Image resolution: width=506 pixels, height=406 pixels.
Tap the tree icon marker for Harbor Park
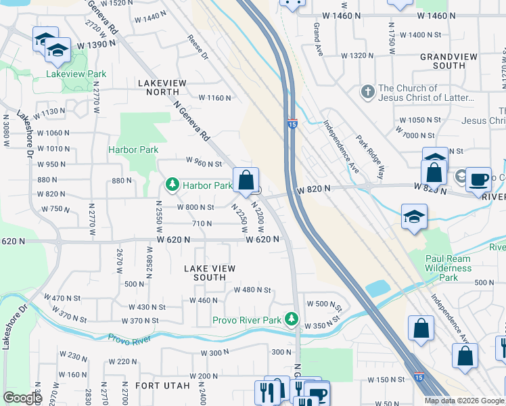(x=172, y=185)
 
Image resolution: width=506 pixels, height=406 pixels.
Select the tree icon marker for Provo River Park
(x=292, y=318)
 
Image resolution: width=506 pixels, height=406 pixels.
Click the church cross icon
(x=367, y=92)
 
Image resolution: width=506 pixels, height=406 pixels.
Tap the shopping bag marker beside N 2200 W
(x=246, y=181)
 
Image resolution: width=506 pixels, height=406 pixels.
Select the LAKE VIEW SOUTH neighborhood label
(x=210, y=273)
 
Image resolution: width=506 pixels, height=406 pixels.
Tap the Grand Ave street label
(x=316, y=30)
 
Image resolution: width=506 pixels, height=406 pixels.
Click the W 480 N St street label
(x=252, y=290)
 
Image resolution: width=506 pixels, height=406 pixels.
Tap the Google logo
(x=22, y=398)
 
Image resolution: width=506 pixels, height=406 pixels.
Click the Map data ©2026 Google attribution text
(x=464, y=401)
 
